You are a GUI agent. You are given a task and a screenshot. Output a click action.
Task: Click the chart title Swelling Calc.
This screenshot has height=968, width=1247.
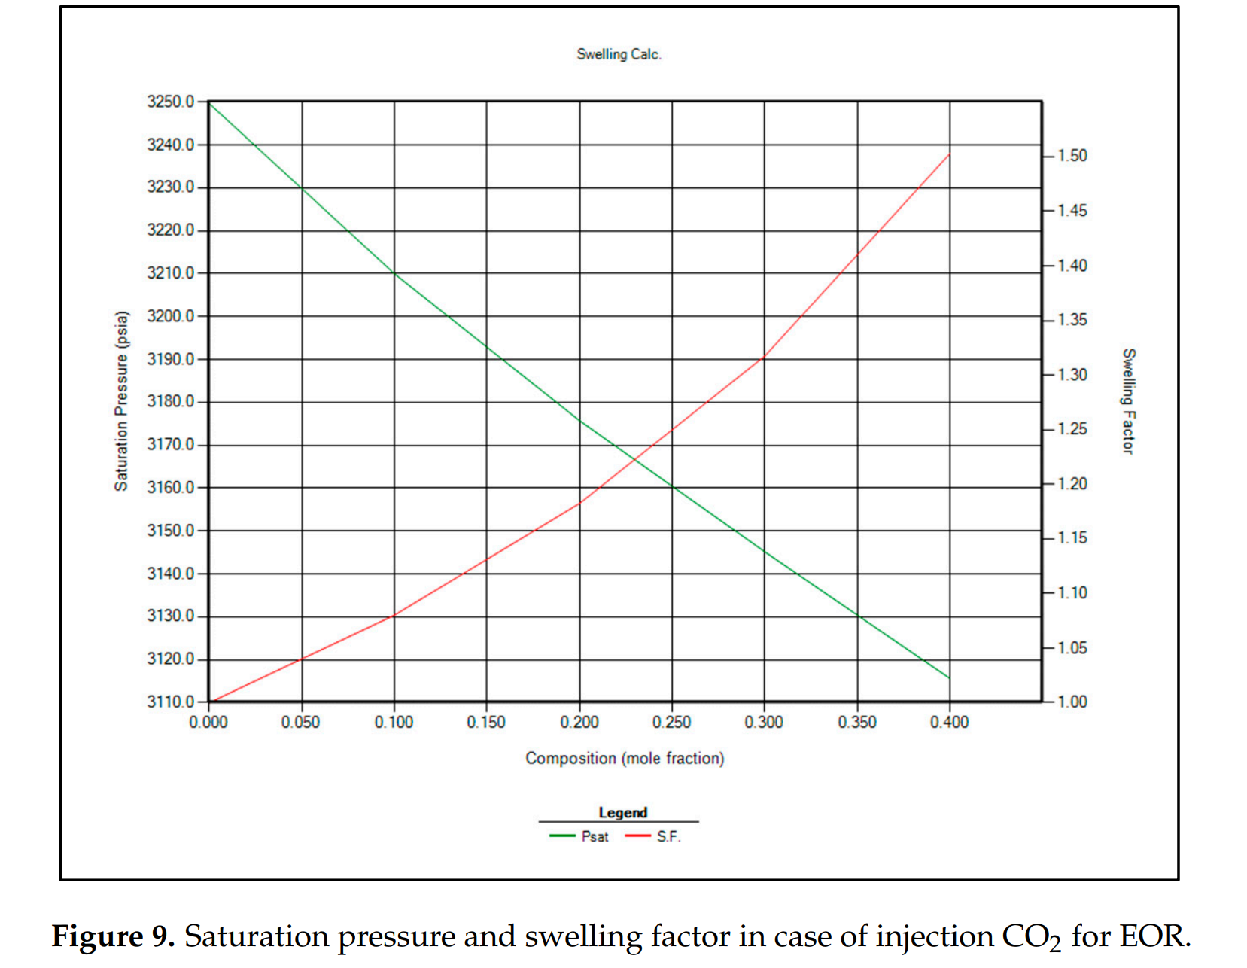point(619,54)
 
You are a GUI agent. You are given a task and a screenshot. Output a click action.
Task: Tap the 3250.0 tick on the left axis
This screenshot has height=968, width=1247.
point(171,102)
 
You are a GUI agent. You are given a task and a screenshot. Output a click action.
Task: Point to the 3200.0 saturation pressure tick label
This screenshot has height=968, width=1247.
point(171,316)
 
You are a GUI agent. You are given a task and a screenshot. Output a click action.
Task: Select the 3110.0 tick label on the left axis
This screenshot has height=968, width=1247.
point(171,702)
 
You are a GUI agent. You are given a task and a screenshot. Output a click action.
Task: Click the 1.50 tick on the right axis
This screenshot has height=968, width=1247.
point(1072,156)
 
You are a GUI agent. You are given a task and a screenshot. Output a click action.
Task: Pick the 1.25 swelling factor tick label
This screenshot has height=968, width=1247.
point(1072,429)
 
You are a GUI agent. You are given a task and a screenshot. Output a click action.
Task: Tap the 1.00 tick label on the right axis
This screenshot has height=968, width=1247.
point(1072,702)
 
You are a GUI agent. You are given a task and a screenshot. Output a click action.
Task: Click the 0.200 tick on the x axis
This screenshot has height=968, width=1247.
point(579,723)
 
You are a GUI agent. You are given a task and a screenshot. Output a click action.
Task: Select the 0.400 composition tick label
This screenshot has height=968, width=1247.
point(949,723)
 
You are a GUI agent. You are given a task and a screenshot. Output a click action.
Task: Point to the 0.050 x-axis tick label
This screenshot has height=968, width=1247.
point(301,723)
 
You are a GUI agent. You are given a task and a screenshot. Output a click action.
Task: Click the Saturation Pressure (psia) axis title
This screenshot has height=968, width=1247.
point(121,401)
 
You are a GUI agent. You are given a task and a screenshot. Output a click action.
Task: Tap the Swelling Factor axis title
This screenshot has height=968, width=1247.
point(1127,401)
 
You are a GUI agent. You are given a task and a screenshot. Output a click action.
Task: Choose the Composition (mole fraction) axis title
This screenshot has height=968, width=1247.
point(625,758)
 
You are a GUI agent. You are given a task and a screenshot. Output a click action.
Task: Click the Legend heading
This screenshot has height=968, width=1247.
point(622,813)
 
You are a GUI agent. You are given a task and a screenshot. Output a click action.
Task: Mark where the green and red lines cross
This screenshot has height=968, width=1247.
point(634,460)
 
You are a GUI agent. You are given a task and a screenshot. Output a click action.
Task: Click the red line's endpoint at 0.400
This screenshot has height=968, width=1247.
point(950,154)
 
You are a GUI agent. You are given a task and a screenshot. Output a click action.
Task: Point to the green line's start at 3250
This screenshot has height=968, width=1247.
point(210,102)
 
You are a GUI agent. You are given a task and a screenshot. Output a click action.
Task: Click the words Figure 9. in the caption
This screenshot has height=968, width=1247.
point(113,936)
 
